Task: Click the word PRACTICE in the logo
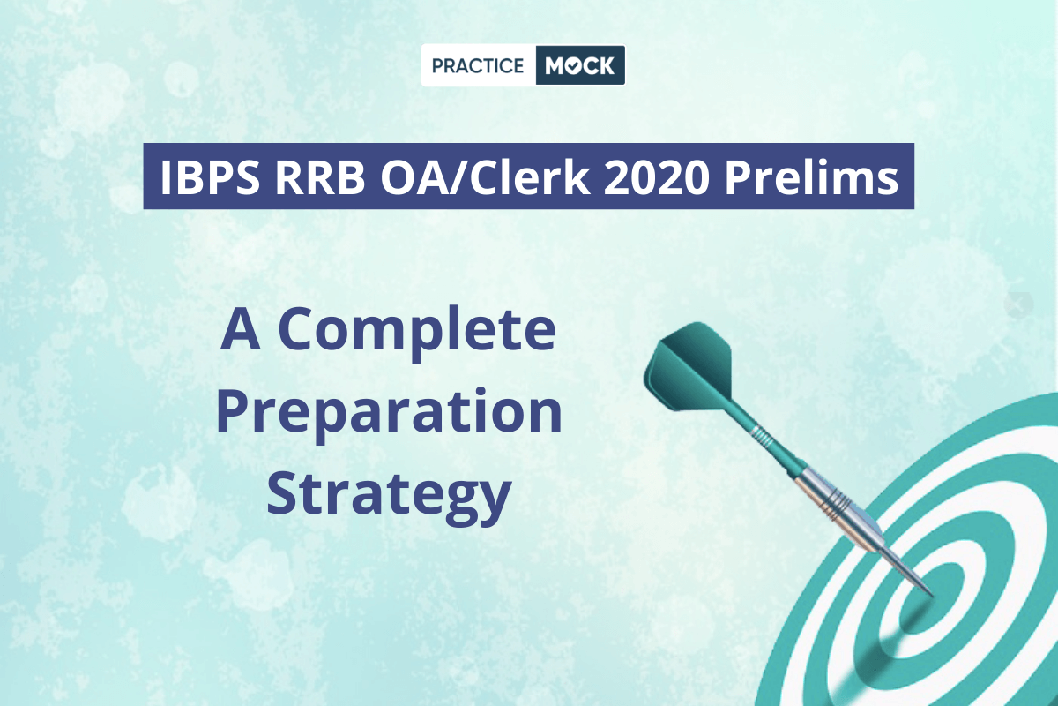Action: (478, 65)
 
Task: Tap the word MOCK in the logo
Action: (579, 65)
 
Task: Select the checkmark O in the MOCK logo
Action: (571, 66)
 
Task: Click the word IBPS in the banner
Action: (210, 177)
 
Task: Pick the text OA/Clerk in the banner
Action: (485, 176)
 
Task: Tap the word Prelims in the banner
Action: (811, 176)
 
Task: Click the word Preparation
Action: (389, 411)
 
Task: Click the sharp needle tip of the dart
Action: (934, 596)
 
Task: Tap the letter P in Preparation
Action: (234, 410)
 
